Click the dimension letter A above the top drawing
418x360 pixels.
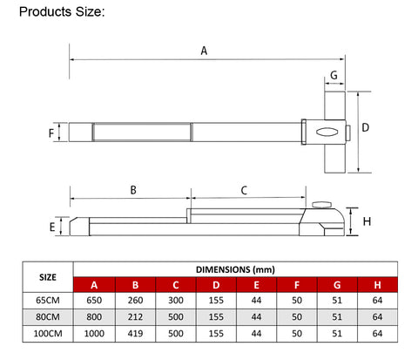[x=204, y=51]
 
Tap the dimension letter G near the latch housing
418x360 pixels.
[x=334, y=75]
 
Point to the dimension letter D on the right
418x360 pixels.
[x=366, y=127]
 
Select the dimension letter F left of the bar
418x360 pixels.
[x=51, y=133]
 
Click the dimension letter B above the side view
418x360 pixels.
[x=133, y=190]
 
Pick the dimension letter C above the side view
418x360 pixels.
[x=244, y=190]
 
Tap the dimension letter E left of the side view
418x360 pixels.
[x=52, y=227]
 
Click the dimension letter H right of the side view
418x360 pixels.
[x=367, y=221]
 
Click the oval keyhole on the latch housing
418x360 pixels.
[x=327, y=132]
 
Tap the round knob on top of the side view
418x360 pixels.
[x=322, y=205]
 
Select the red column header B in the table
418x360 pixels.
[x=135, y=285]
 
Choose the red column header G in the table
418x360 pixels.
[x=337, y=285]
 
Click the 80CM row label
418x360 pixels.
[x=48, y=316]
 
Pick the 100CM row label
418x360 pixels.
[x=48, y=333]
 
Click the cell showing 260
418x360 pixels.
[x=135, y=300]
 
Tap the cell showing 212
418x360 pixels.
[x=135, y=316]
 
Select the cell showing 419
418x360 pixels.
[x=135, y=333]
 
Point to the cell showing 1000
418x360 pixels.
[x=94, y=333]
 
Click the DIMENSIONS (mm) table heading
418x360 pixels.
[x=235, y=269]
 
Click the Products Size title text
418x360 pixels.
[x=62, y=12]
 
